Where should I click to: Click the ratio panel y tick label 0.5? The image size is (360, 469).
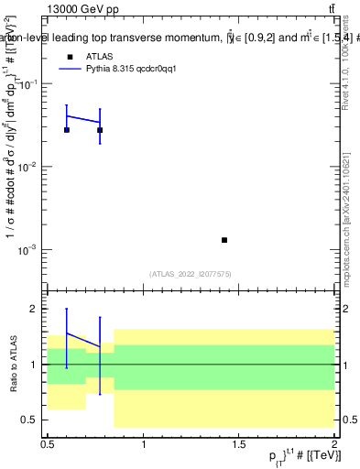click(30, 420)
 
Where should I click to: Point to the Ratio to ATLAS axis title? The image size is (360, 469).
click(12, 365)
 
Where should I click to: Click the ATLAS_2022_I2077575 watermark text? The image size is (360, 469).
click(191, 273)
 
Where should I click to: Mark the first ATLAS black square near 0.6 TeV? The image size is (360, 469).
click(67, 130)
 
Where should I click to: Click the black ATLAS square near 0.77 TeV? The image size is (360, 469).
click(100, 130)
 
